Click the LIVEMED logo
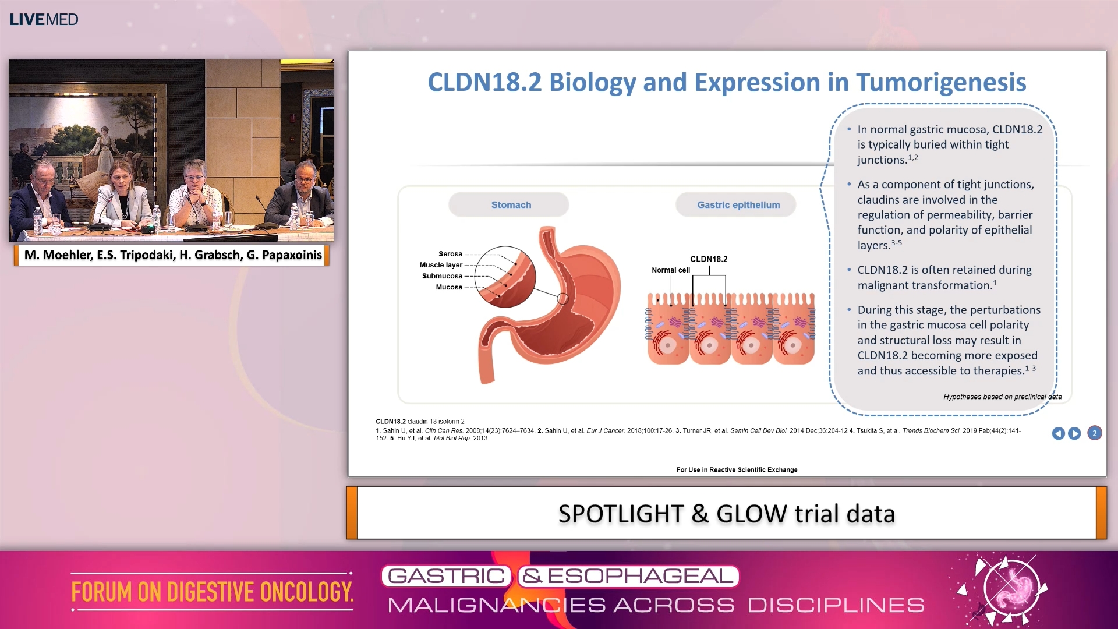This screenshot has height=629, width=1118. click(44, 19)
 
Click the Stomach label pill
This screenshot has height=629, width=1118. click(511, 205)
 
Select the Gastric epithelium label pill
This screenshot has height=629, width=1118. click(738, 205)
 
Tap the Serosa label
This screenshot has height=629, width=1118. click(450, 254)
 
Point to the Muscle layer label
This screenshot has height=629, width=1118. click(441, 265)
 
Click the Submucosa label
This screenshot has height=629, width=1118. click(442, 276)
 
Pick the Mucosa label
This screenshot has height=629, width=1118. click(449, 287)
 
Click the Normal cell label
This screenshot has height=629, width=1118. click(670, 270)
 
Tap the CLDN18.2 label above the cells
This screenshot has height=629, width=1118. click(708, 259)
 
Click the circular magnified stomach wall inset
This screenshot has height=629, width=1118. click(505, 277)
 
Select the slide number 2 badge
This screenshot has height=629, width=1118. click(1094, 433)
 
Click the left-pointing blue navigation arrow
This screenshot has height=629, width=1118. click(1058, 433)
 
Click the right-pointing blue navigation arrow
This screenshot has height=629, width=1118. click(1074, 433)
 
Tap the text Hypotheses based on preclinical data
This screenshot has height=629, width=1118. click(1002, 397)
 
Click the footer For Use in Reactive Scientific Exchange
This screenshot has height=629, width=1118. click(737, 470)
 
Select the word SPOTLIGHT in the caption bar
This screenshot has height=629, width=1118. click(620, 514)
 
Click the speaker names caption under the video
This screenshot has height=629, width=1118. click(172, 255)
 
